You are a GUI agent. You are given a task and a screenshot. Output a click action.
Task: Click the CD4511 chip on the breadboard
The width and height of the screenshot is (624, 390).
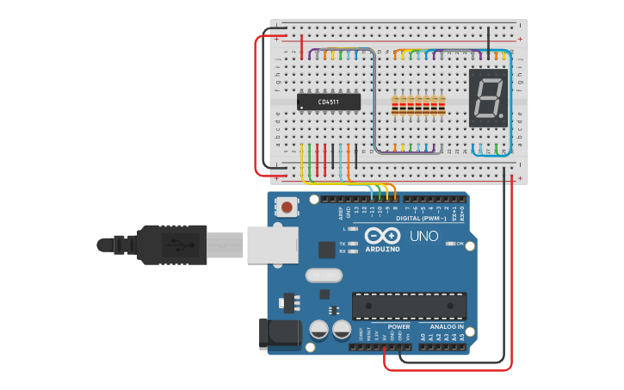click(328, 102)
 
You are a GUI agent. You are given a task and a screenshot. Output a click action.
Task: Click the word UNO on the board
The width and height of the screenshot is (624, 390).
click(423, 236)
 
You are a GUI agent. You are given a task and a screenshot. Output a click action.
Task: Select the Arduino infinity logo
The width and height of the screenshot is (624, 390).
click(382, 236)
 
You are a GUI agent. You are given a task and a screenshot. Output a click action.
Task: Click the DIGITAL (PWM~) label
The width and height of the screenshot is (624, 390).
click(421, 218)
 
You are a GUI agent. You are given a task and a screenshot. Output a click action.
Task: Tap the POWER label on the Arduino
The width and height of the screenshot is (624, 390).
click(398, 327)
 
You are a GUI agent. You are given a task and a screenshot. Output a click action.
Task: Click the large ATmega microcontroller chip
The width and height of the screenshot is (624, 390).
click(409, 306)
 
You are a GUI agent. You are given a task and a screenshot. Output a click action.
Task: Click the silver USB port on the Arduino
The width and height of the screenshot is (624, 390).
click(272, 245)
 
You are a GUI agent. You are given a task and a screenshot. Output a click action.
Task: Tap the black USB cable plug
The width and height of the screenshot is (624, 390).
click(172, 245)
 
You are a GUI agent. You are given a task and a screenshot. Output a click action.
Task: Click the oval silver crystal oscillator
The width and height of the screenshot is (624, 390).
click(324, 276)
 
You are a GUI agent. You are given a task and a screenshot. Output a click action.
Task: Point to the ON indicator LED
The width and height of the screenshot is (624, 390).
click(450, 244)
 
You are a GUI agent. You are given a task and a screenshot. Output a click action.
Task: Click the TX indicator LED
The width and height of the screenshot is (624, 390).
click(352, 244)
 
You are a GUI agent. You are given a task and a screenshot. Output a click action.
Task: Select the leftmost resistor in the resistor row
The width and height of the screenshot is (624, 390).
click(395, 106)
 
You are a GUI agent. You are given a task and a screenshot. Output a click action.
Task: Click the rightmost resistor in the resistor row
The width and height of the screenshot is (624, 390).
click(442, 106)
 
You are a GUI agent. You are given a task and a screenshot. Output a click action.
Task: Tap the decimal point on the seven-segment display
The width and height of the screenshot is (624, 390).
click(502, 116)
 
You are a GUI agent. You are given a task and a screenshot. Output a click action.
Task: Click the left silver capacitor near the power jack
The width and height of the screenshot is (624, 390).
click(318, 330)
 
